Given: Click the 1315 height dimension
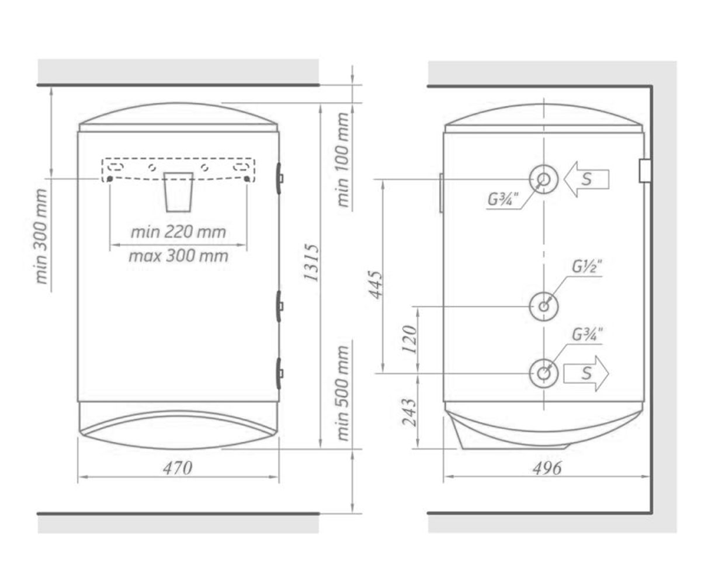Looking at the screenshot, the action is point(311,263).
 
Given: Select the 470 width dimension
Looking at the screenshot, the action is point(178,468).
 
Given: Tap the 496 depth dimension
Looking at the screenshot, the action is point(547,468).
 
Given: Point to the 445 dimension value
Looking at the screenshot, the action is point(376,284).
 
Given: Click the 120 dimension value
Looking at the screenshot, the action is point(410,339).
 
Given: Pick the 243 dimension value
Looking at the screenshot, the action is point(410,412).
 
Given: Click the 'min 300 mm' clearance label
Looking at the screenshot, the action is point(41,237).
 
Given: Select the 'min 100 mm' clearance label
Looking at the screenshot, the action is point(342,159).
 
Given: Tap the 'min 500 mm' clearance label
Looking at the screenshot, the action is point(342,393).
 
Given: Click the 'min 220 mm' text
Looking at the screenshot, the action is point(178,232).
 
